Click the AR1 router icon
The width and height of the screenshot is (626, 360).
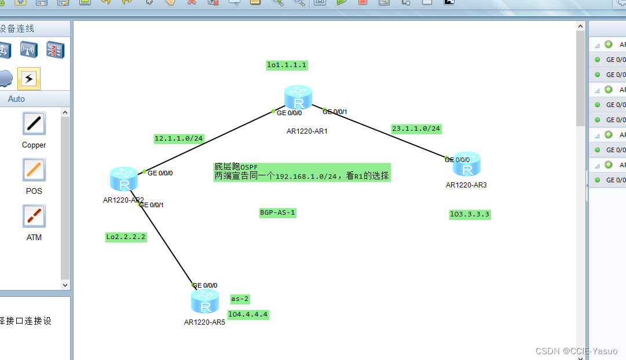click(298, 98)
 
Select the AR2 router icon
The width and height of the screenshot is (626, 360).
click(123, 179)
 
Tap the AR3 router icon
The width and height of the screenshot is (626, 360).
click(467, 164)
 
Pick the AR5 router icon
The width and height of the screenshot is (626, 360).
click(204, 303)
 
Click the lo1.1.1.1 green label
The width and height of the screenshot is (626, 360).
click(287, 65)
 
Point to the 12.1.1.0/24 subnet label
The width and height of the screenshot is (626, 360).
click(179, 138)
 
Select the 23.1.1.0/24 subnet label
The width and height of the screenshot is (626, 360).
click(416, 128)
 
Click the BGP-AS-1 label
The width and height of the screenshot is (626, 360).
click(278, 213)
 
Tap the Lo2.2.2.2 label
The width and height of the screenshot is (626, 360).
click(126, 237)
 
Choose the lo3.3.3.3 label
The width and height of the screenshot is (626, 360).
click(470, 214)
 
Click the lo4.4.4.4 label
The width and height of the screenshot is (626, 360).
click(248, 315)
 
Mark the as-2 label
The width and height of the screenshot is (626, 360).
click(240, 299)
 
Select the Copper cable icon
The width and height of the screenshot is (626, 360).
click(34, 123)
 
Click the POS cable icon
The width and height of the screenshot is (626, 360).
click(34, 170)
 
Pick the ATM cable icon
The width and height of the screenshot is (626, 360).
click(34, 216)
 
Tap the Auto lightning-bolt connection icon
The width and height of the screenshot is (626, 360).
click(28, 78)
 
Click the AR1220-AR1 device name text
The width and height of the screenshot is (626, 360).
click(307, 131)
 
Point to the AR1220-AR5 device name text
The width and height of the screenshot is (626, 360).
click(204, 322)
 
